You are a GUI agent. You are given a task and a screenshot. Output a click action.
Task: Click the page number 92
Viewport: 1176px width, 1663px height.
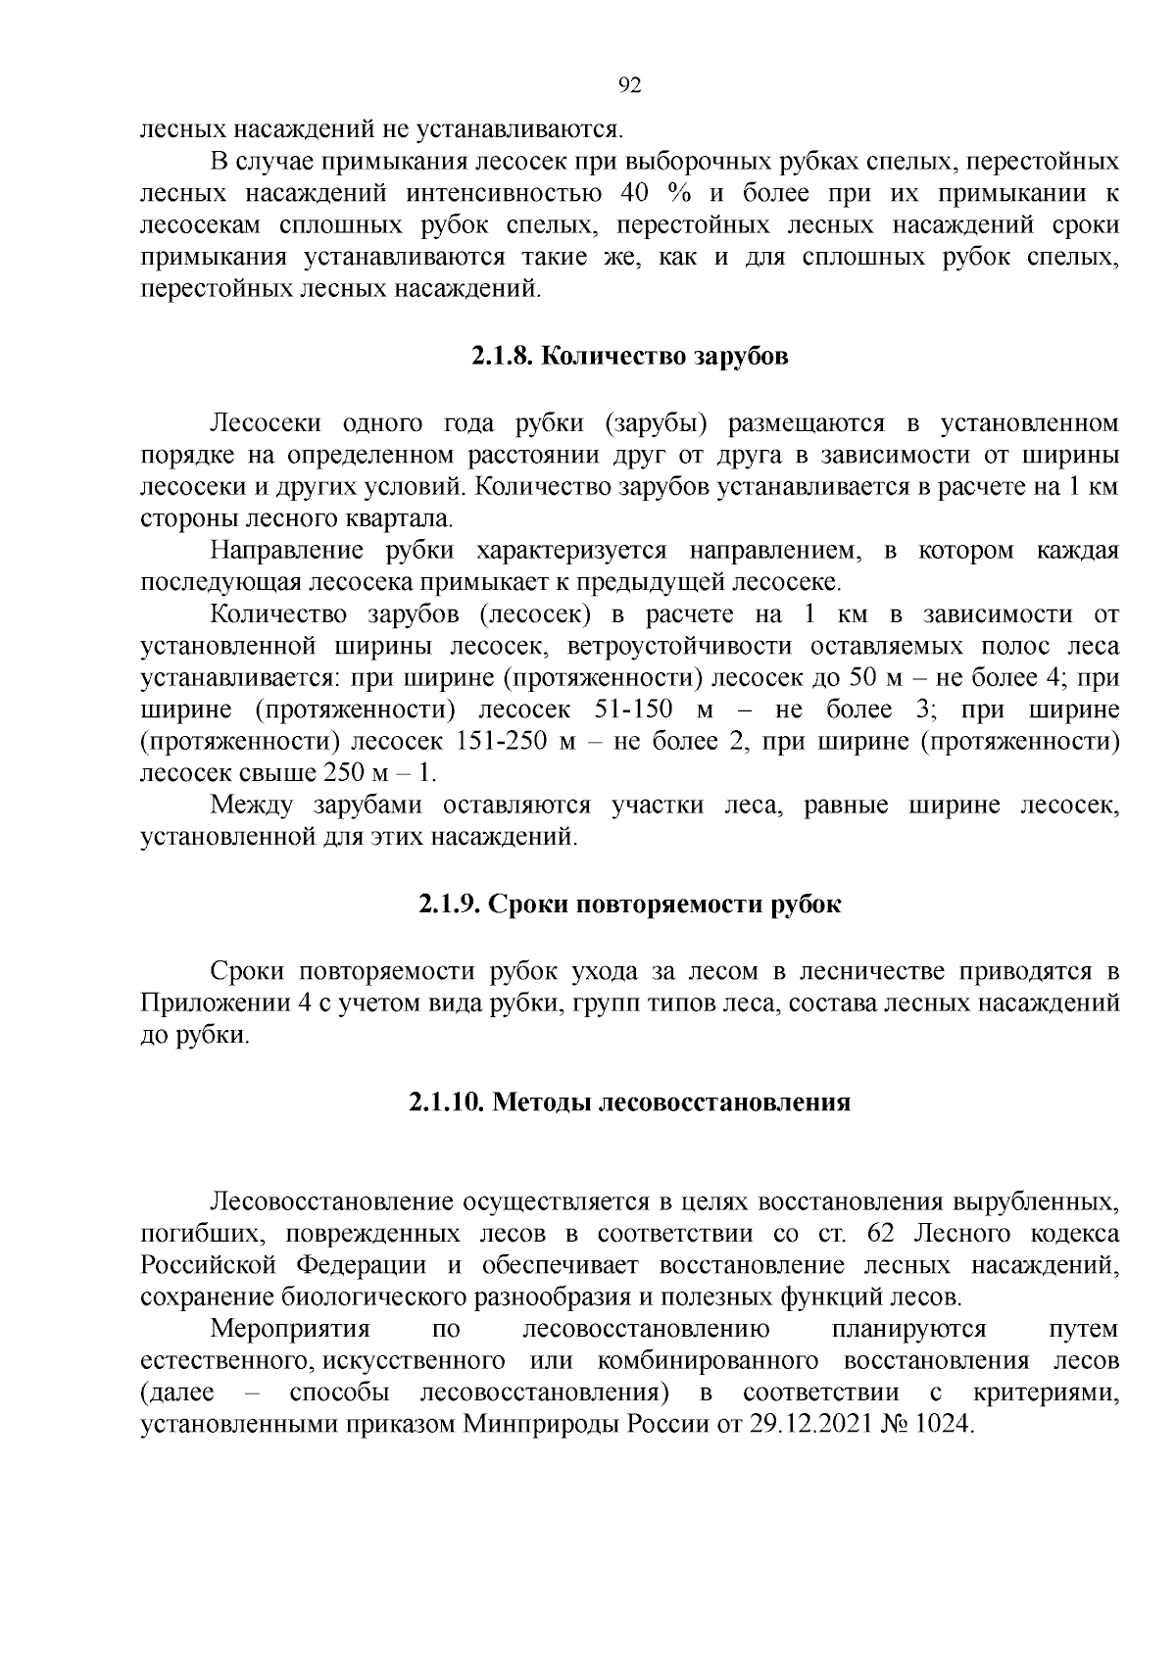[630, 85]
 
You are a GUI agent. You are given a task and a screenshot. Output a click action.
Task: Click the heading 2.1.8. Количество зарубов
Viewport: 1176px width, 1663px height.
[629, 356]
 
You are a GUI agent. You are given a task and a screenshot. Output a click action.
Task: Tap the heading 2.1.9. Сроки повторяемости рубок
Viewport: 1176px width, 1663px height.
[629, 904]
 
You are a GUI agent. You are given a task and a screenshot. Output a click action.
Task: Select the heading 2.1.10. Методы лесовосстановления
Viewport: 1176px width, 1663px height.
[629, 1102]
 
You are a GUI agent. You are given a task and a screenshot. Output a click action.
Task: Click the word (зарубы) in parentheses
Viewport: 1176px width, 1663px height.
[657, 424]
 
